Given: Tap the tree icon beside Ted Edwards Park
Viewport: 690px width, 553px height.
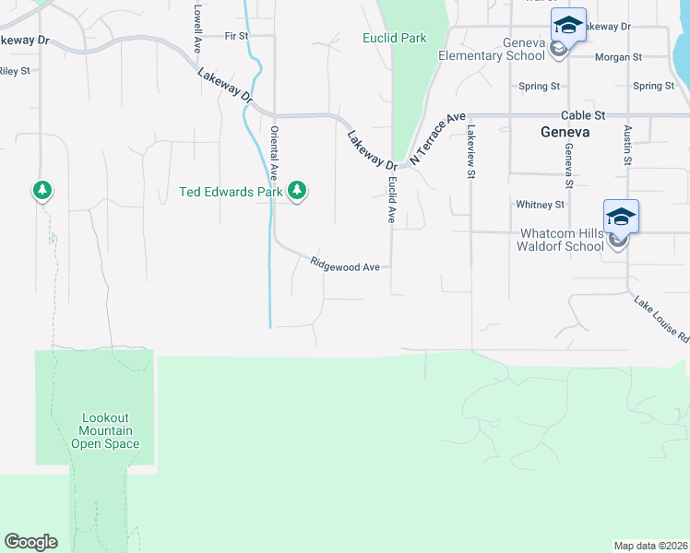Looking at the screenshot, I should (x=296, y=191).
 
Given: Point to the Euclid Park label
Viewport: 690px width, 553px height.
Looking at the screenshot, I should (x=395, y=39).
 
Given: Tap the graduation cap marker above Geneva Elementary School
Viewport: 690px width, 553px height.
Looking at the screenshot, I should (x=568, y=26).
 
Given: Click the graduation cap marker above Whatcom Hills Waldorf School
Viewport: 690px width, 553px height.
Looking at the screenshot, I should (x=621, y=218).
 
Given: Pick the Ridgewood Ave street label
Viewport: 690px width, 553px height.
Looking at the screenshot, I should (x=345, y=265).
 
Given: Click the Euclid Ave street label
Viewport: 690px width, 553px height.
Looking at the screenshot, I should (x=391, y=202).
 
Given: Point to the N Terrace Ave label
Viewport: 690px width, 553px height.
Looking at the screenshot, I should (x=438, y=138).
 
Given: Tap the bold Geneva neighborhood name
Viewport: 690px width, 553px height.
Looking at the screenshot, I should (x=565, y=133).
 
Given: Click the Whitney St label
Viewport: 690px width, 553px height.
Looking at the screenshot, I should (x=540, y=205).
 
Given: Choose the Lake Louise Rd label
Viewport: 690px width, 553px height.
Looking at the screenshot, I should (x=661, y=319).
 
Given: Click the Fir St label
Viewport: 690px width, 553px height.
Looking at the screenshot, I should (x=236, y=36).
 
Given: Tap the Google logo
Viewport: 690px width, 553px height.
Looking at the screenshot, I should (x=30, y=542).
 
